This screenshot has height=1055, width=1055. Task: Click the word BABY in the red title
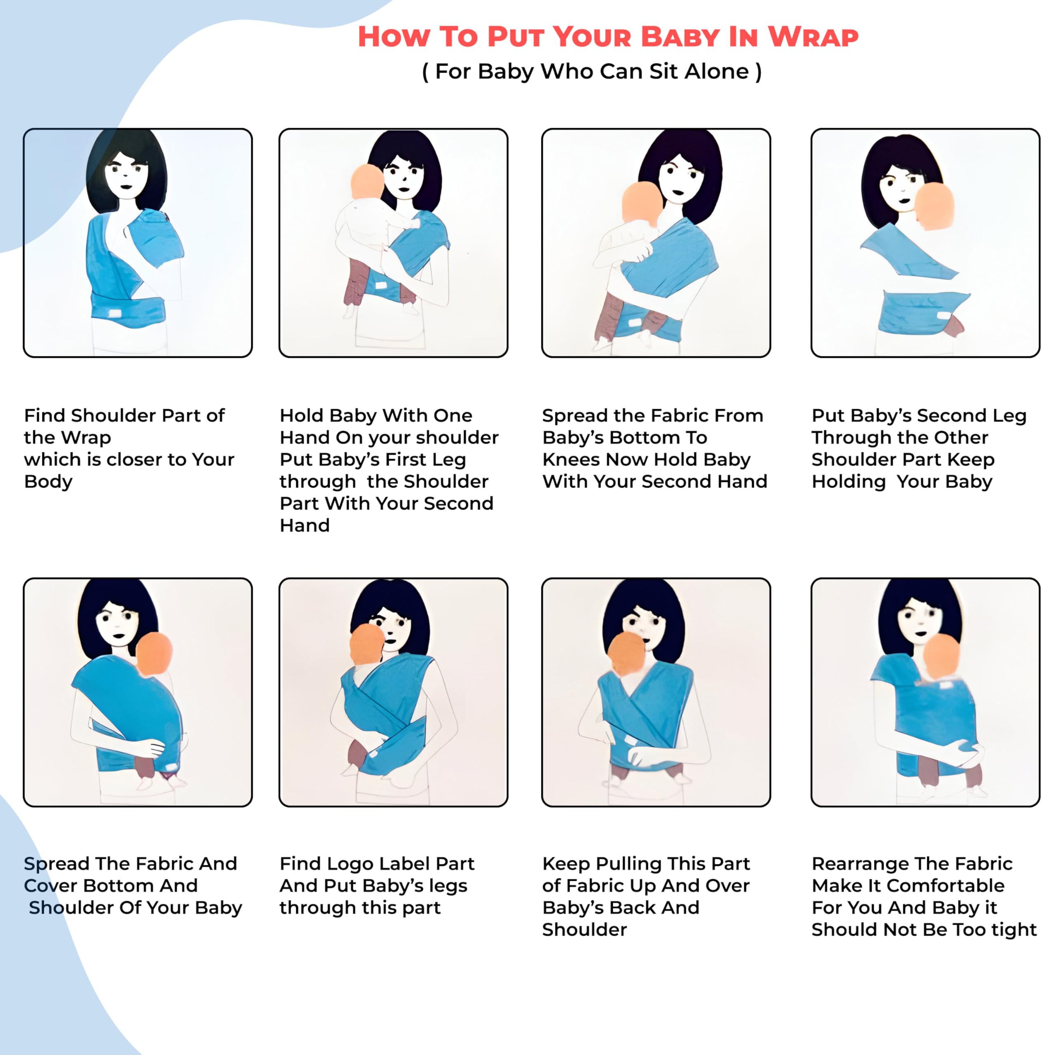click(680, 37)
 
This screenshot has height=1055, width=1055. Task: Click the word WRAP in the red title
click(813, 37)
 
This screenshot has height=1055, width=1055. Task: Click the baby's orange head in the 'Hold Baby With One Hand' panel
click(368, 181)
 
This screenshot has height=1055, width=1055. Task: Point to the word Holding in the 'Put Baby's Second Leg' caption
click(849, 482)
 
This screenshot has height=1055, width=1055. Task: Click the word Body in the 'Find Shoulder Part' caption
click(48, 482)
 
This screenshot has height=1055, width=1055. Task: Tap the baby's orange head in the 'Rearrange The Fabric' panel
click(942, 657)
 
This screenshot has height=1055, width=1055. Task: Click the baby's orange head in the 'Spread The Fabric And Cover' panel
click(154, 654)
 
